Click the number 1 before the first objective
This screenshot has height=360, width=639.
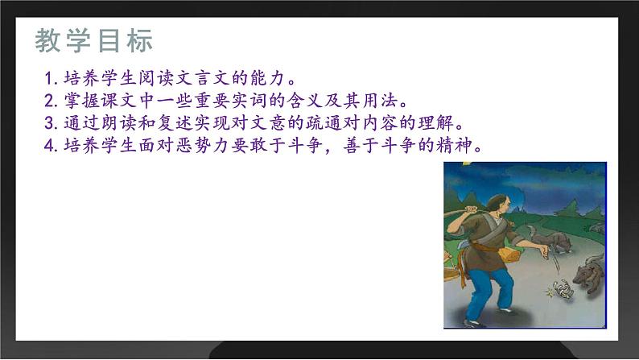coord(49,80)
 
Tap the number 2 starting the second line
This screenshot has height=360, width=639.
coord(49,101)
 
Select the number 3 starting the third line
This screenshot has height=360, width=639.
coord(49,124)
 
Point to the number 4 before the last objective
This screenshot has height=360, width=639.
coord(49,147)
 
